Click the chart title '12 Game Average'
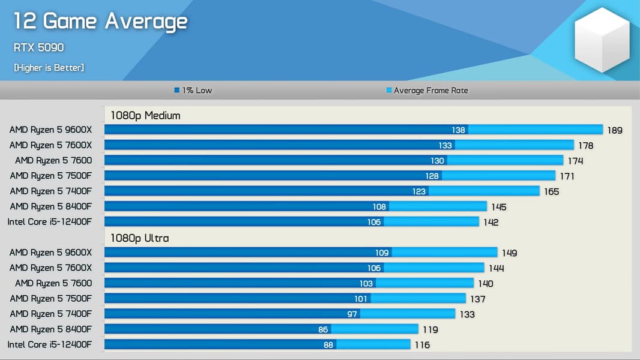(100, 22)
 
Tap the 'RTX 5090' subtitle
(38, 47)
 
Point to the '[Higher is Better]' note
(49, 68)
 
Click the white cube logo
(602, 40)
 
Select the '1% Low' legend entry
(193, 91)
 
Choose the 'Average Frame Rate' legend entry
(427, 91)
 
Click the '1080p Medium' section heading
(145, 115)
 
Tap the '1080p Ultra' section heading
(139, 238)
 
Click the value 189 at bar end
(615, 130)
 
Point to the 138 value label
(459, 130)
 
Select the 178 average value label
(585, 146)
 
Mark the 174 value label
(575, 161)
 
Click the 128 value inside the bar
(432, 176)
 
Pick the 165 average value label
(551, 192)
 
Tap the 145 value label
(498, 207)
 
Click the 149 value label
(509, 253)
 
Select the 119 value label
(430, 329)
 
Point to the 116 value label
(422, 345)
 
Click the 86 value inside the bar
(323, 329)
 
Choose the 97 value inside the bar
(352, 314)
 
